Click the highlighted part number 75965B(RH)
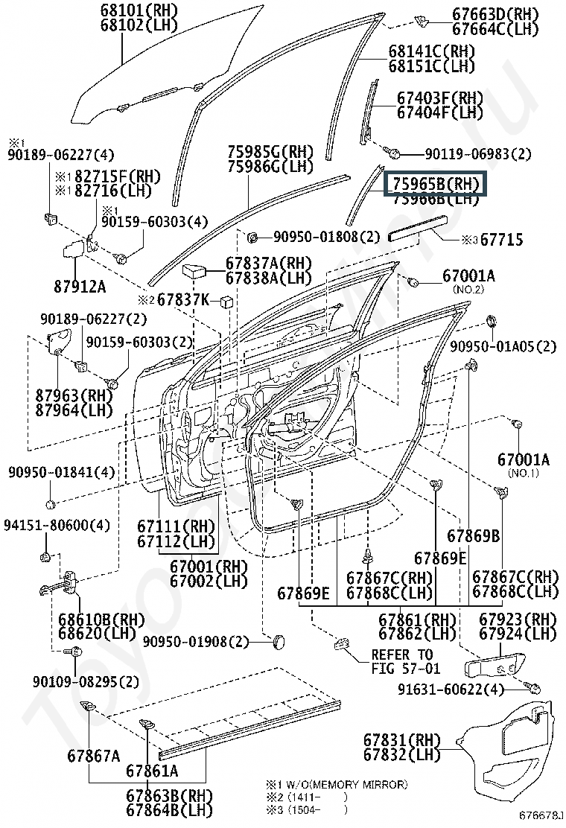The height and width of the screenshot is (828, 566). (433, 183)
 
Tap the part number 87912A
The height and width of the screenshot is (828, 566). (79, 286)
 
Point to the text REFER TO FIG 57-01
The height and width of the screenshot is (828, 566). (401, 661)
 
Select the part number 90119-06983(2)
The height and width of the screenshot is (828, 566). (477, 154)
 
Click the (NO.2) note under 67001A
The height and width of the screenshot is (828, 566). (468, 289)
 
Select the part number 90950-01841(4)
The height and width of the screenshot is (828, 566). (62, 472)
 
